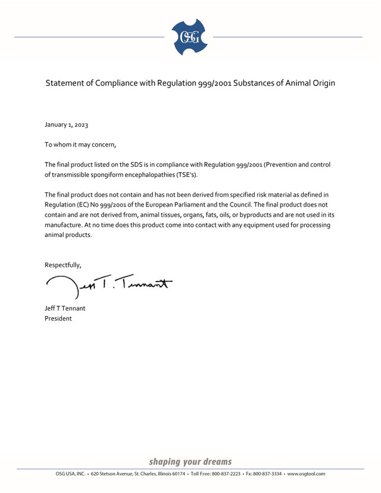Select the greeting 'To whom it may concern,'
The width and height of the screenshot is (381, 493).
coord(80,144)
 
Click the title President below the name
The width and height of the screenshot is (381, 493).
coord(59,319)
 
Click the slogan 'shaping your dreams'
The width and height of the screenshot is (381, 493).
coord(190,461)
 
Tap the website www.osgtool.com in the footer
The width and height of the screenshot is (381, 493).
coord(306,474)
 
